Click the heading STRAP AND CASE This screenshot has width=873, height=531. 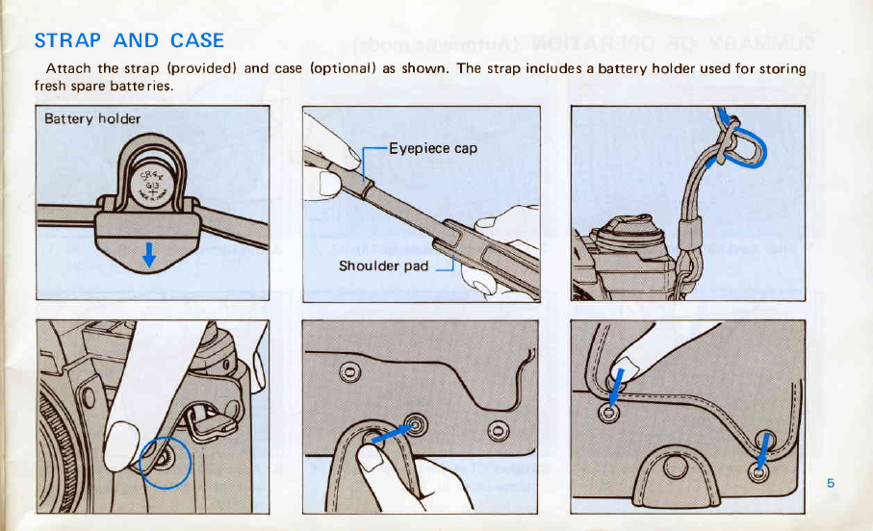pos(129,40)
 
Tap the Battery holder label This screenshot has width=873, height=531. pos(93,119)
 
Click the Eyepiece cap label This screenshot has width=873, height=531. pos(432,149)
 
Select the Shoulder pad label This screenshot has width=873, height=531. pos(382,265)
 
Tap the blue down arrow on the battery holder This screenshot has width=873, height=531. pos(150,255)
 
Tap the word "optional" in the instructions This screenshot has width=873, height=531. pos(342,68)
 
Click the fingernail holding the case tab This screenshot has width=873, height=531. pos(372,461)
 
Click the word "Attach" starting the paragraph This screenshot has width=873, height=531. pos(66,68)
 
